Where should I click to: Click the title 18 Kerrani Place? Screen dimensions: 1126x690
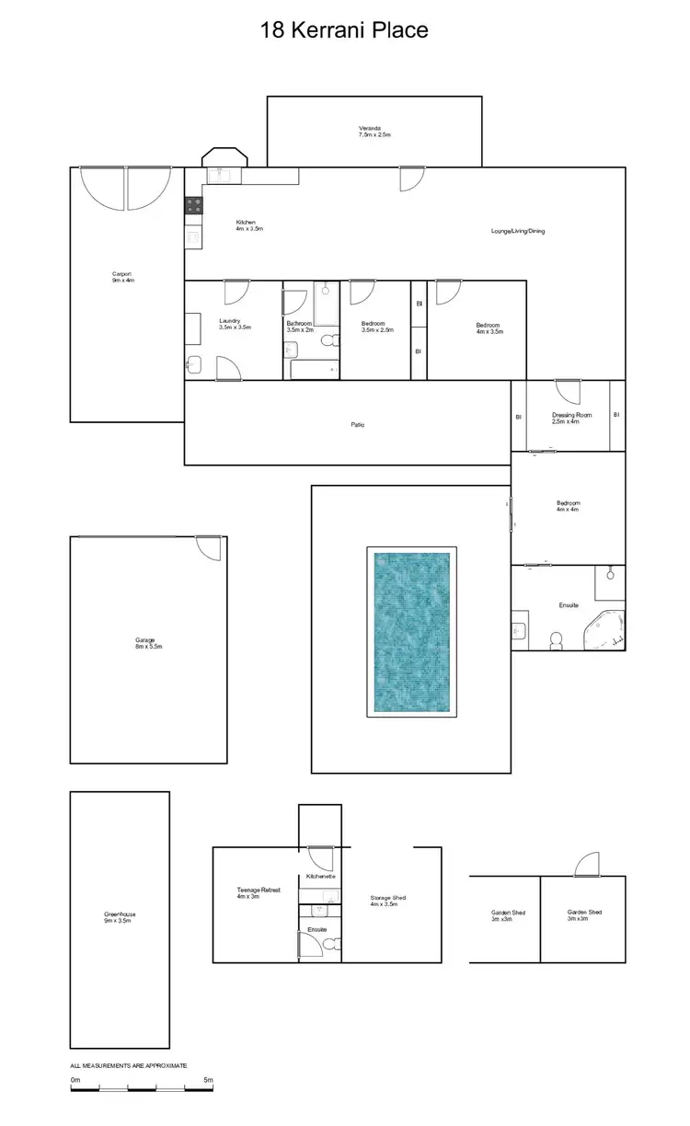pos(345,30)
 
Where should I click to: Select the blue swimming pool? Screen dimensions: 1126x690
pos(411,634)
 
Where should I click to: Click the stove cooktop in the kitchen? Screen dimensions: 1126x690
pos(194,207)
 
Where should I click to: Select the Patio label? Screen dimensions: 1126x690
pos(357,424)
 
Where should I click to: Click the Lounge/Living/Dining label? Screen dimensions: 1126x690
pos(518,231)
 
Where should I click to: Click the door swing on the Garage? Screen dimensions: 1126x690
pos(210,546)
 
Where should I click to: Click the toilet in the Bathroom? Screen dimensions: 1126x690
pos(328,341)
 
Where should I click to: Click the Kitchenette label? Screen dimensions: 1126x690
pos(321,877)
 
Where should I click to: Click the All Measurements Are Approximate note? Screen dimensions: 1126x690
pos(129,1064)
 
